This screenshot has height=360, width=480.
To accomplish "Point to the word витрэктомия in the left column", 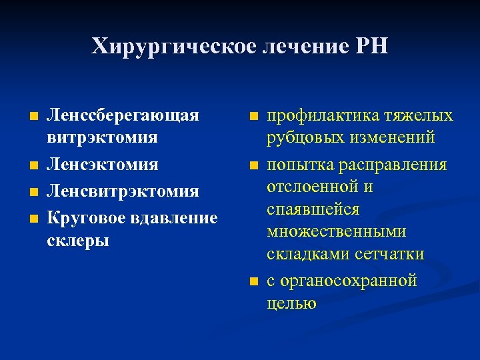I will point(102,137).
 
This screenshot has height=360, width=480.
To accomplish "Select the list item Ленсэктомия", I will point(101,164).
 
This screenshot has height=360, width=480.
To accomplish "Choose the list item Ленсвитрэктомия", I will point(121,191).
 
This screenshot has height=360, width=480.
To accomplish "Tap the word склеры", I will point(78,240).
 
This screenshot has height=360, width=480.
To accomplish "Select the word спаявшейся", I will point(313,209).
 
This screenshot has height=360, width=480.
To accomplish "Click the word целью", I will point(291,303).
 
